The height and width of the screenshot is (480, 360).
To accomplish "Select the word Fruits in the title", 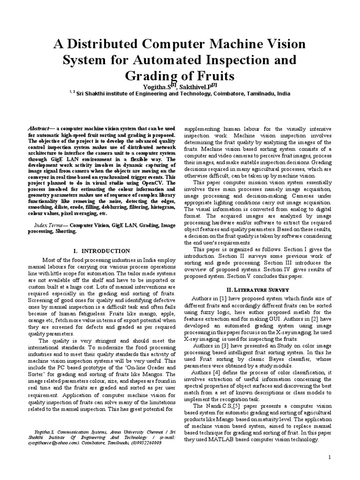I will coord(211,75).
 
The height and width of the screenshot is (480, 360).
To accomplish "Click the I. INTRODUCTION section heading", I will coord(102,251).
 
